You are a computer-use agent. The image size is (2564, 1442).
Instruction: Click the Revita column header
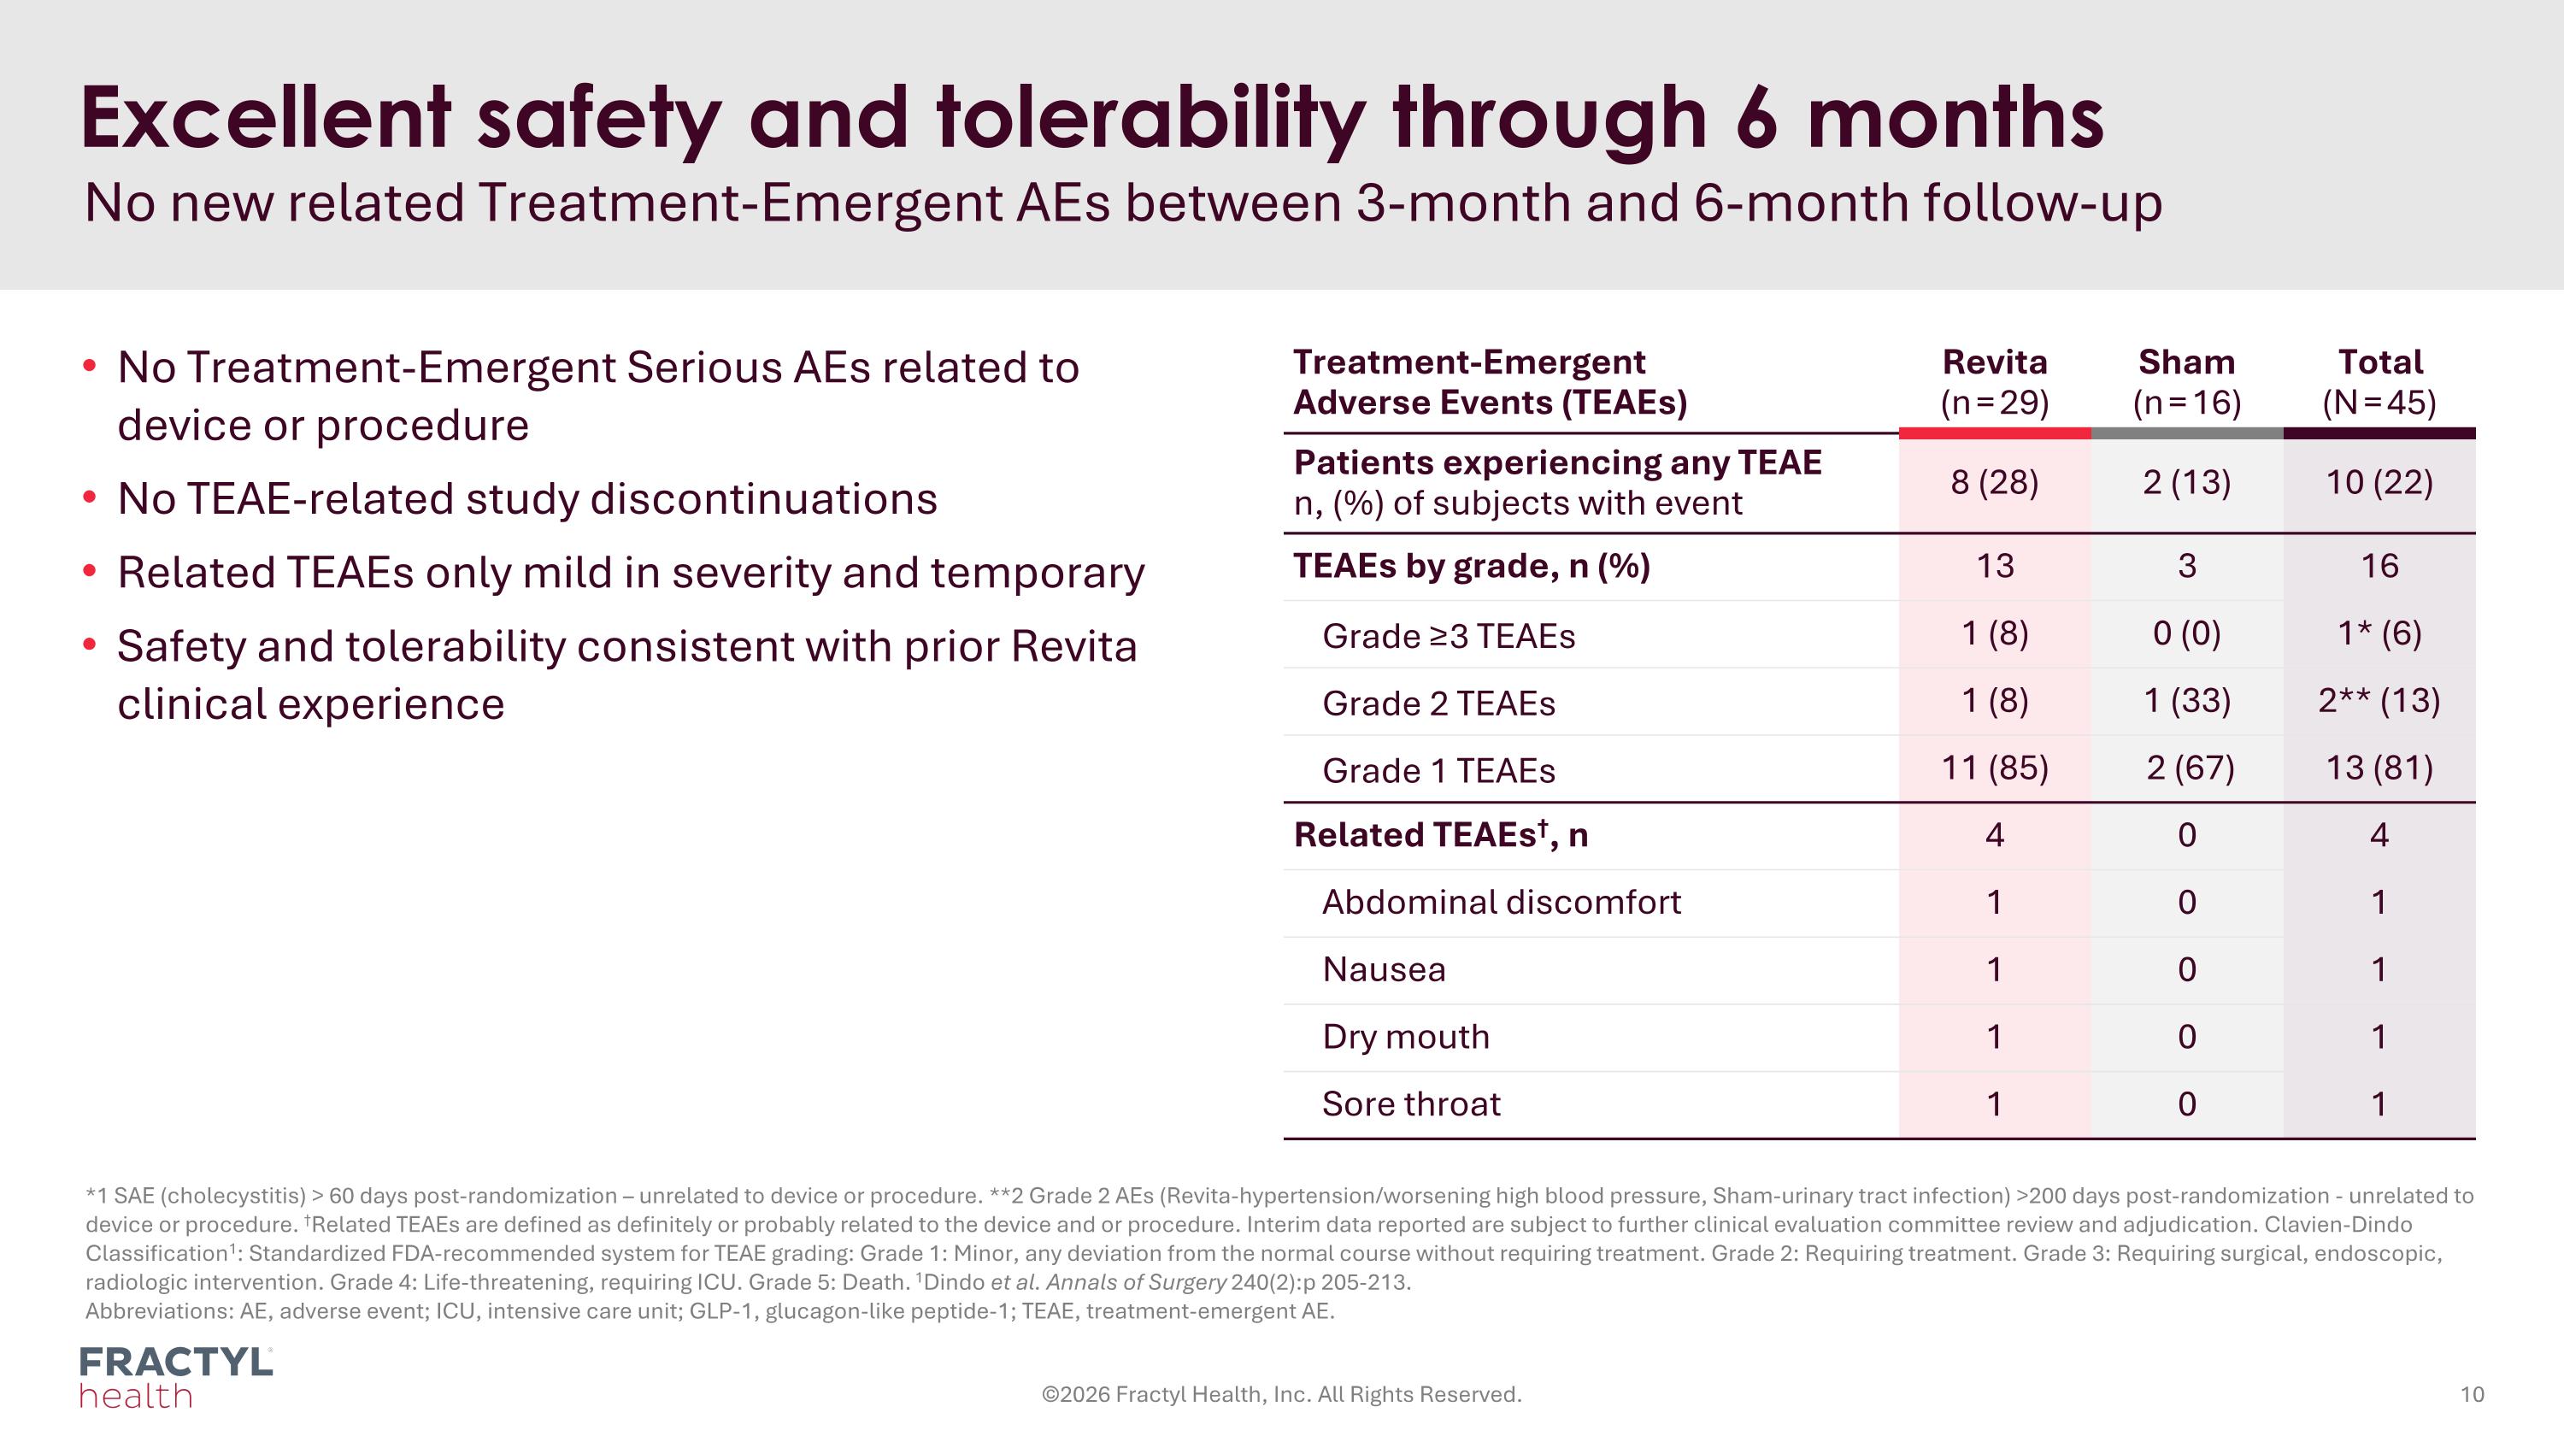coord(1994,381)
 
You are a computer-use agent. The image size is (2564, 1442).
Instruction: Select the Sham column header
coord(2185,381)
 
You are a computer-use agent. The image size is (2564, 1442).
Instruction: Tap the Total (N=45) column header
coord(2379,381)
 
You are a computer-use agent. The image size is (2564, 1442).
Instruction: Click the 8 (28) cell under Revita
coord(1994,483)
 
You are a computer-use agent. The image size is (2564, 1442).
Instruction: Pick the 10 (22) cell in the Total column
coord(2379,483)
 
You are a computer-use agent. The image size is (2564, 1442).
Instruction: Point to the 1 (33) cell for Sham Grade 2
coord(2185,701)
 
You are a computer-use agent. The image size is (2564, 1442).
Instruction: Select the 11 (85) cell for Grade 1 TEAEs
coord(1994,768)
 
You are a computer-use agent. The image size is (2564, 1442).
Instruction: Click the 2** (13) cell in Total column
coord(2379,701)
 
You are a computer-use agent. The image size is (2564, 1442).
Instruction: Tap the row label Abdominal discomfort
coord(1501,903)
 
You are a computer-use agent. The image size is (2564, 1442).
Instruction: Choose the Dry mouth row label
coord(1405,1037)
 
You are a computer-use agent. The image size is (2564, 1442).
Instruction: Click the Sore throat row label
coord(1410,1104)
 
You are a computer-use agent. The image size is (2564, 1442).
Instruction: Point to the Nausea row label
coord(1384,969)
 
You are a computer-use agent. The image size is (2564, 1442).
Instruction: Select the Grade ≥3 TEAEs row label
coord(1448,636)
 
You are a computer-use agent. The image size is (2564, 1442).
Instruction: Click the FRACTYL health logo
coord(175,1377)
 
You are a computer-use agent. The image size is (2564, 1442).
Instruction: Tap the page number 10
coord(2472,1394)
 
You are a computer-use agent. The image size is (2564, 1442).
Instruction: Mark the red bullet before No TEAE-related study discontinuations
coord(90,497)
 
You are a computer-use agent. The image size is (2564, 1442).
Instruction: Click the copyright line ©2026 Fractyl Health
coord(1281,1394)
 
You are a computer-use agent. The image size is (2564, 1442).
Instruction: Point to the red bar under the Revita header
coord(1994,433)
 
